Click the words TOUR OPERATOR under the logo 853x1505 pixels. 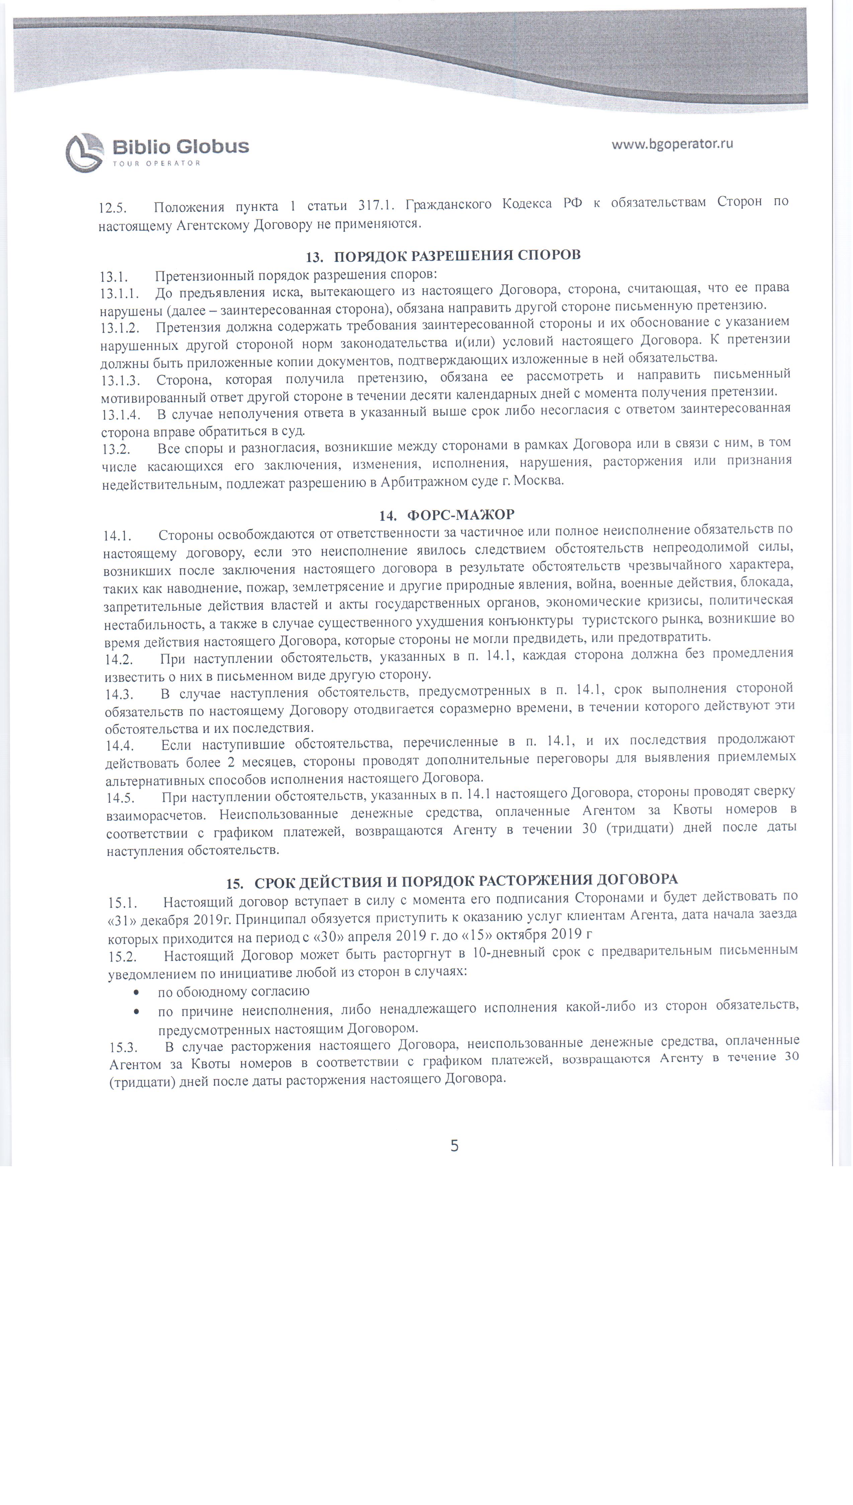click(156, 163)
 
